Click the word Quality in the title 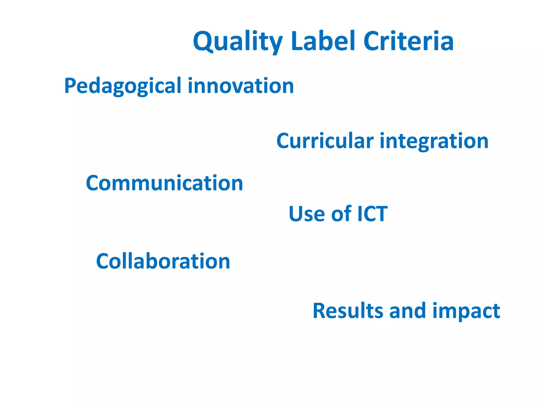pyautogui.click(x=238, y=42)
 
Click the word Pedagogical pyautogui.click(x=123, y=86)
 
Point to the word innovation pyautogui.click(x=241, y=86)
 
